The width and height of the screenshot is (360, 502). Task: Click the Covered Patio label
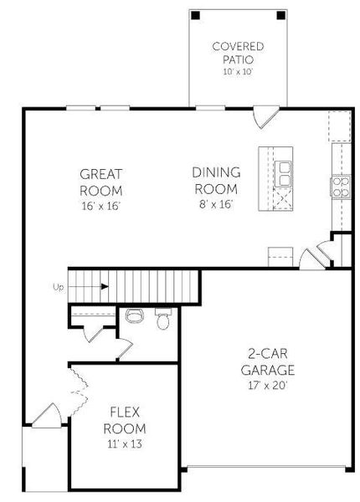239,54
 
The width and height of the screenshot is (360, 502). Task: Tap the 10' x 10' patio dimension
239,73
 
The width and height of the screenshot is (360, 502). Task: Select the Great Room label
101,182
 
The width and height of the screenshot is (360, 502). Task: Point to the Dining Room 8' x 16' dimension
215,203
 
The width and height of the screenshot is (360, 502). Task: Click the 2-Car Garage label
269,361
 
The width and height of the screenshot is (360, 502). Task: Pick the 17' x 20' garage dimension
269,387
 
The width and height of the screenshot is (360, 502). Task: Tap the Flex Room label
125,420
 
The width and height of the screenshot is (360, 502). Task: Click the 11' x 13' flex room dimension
125,444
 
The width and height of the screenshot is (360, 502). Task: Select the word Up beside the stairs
58,287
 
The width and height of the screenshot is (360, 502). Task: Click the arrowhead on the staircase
105,287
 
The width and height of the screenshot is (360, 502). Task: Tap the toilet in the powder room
164,319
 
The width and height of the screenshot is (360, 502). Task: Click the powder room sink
132,315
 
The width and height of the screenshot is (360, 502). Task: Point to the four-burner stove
342,186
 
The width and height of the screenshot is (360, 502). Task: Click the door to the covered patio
263,114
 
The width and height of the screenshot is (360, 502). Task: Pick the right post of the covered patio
282,15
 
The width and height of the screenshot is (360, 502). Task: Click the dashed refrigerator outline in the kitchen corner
339,126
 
